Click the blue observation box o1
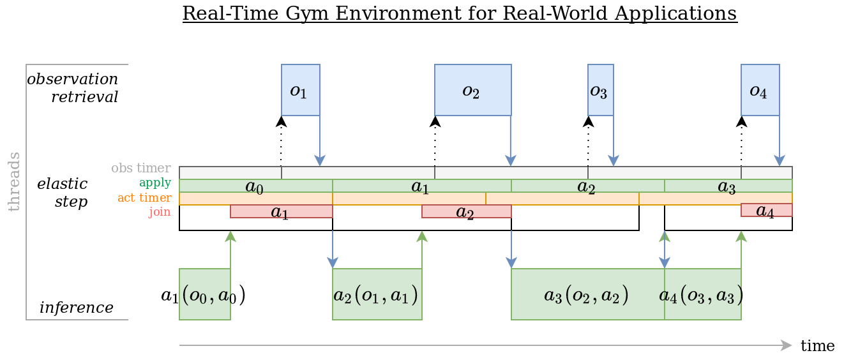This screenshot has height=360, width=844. [x=300, y=90]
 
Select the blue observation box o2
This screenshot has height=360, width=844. [x=472, y=90]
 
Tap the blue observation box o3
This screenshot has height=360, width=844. [x=600, y=90]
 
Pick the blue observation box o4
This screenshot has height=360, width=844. [x=760, y=90]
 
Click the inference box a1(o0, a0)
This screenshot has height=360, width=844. [x=204, y=294]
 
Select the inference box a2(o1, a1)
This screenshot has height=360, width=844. [x=377, y=294]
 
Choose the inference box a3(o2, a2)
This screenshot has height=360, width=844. [x=587, y=294]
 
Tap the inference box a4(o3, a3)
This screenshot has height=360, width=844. [x=702, y=294]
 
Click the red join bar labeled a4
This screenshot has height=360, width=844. [x=766, y=210]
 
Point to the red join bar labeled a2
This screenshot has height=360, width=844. [x=466, y=211]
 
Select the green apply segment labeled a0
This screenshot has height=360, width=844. [x=255, y=186]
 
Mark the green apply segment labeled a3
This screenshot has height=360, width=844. [x=728, y=186]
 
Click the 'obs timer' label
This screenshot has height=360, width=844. [x=141, y=169]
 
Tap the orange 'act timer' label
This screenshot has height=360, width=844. [x=144, y=198]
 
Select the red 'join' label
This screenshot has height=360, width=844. [x=160, y=211]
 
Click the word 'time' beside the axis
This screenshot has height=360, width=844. [x=817, y=346]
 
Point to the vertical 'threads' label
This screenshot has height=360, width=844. [x=13, y=182]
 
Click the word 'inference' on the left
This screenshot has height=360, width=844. [x=77, y=308]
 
